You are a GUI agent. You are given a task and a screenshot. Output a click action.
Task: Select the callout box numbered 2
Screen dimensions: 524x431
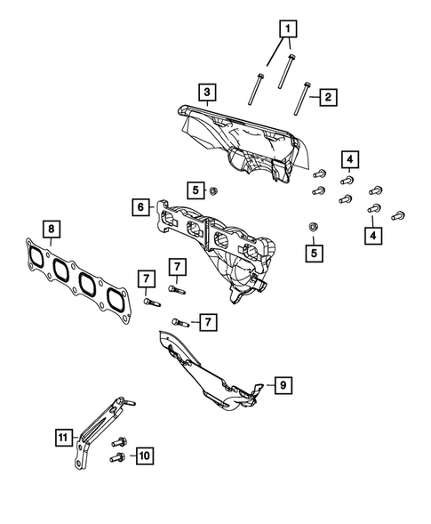(x=326, y=95)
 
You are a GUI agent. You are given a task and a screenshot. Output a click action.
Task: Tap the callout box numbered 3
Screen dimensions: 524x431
(x=205, y=92)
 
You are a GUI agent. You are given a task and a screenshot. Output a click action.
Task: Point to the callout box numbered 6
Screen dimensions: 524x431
(x=141, y=208)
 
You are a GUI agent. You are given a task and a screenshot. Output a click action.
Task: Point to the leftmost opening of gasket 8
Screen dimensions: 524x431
(x=37, y=255)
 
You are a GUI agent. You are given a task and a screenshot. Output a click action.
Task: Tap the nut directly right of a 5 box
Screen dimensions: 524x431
(x=214, y=189)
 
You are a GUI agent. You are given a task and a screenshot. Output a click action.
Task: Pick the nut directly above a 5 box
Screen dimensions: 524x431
(x=311, y=228)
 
